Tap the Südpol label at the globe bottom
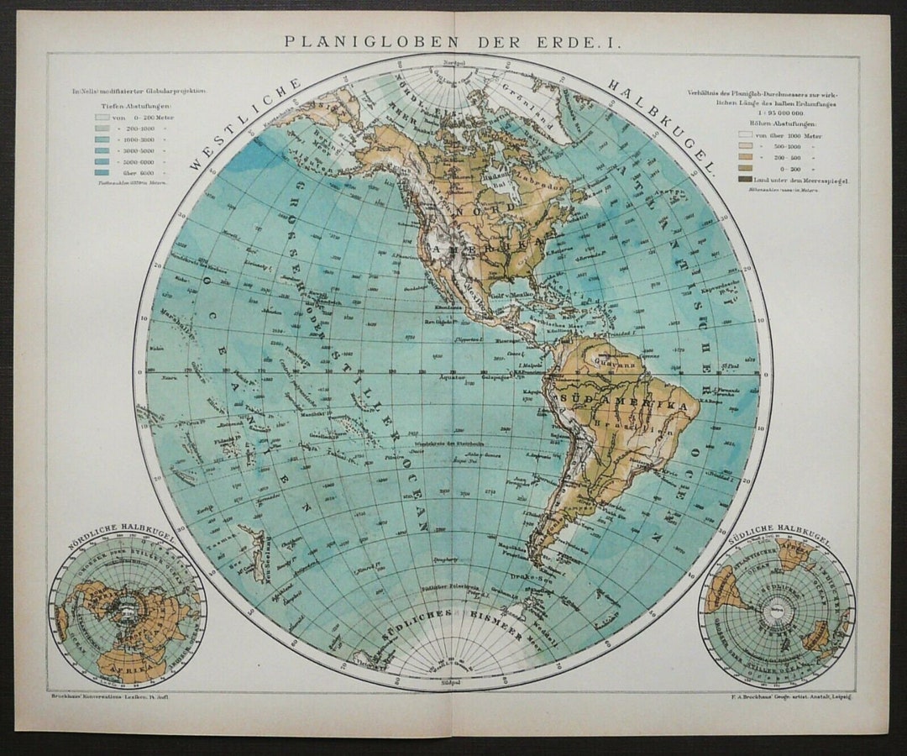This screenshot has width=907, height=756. [452, 683]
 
